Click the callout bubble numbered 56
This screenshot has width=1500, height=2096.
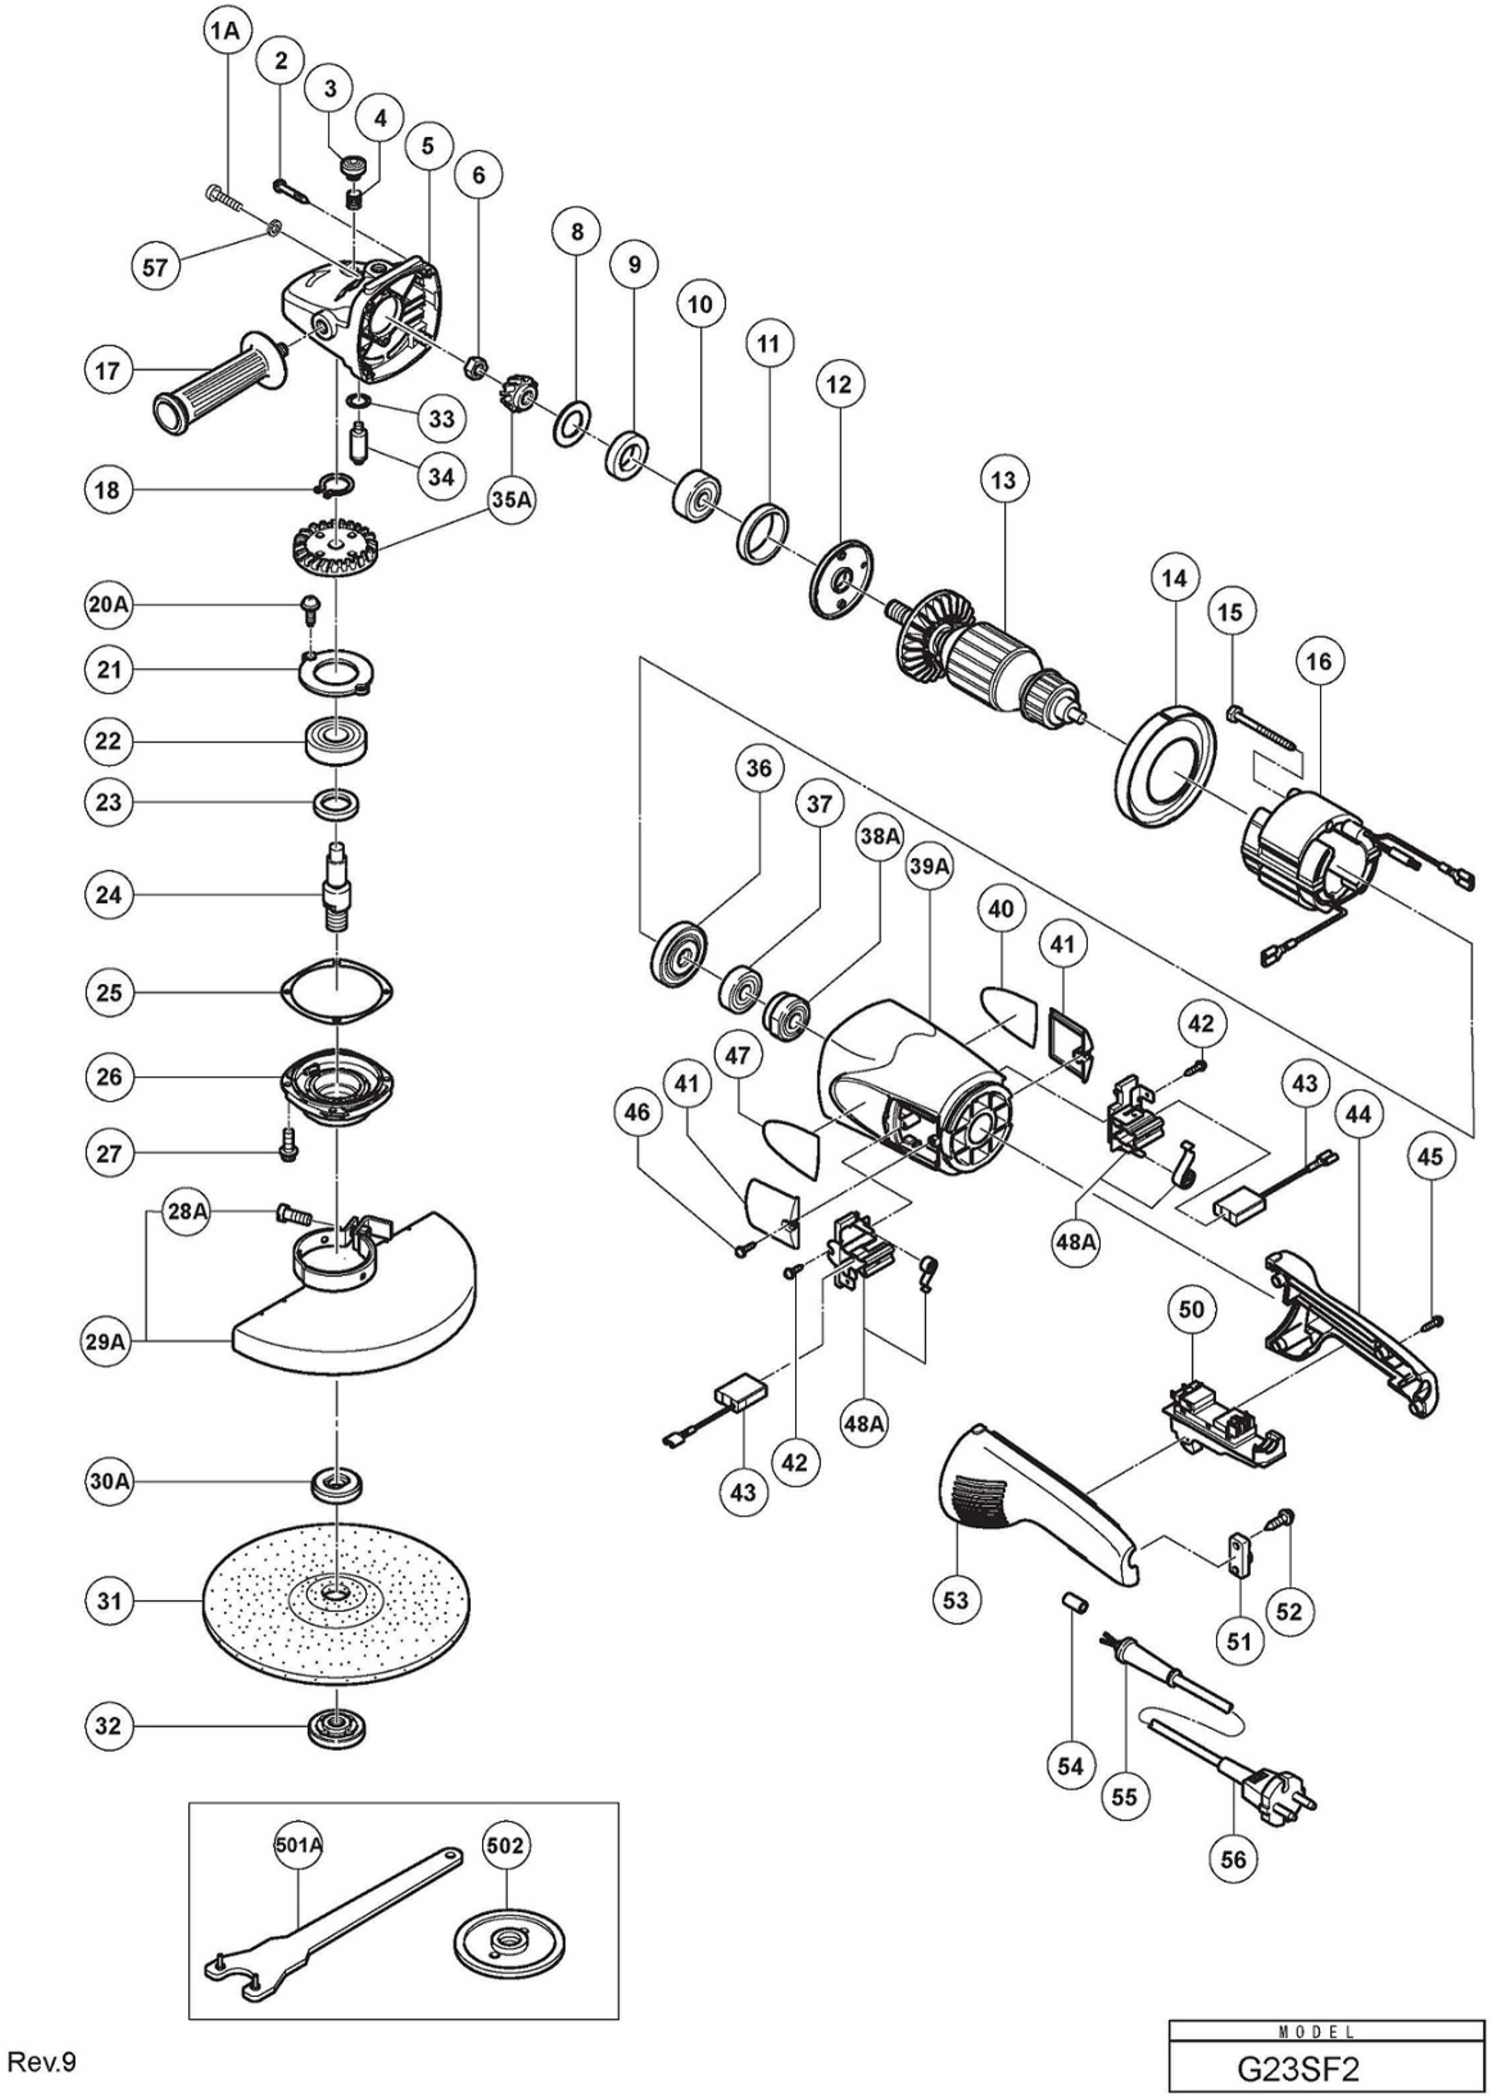point(1233,1859)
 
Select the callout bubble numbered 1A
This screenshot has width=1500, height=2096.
point(223,31)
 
